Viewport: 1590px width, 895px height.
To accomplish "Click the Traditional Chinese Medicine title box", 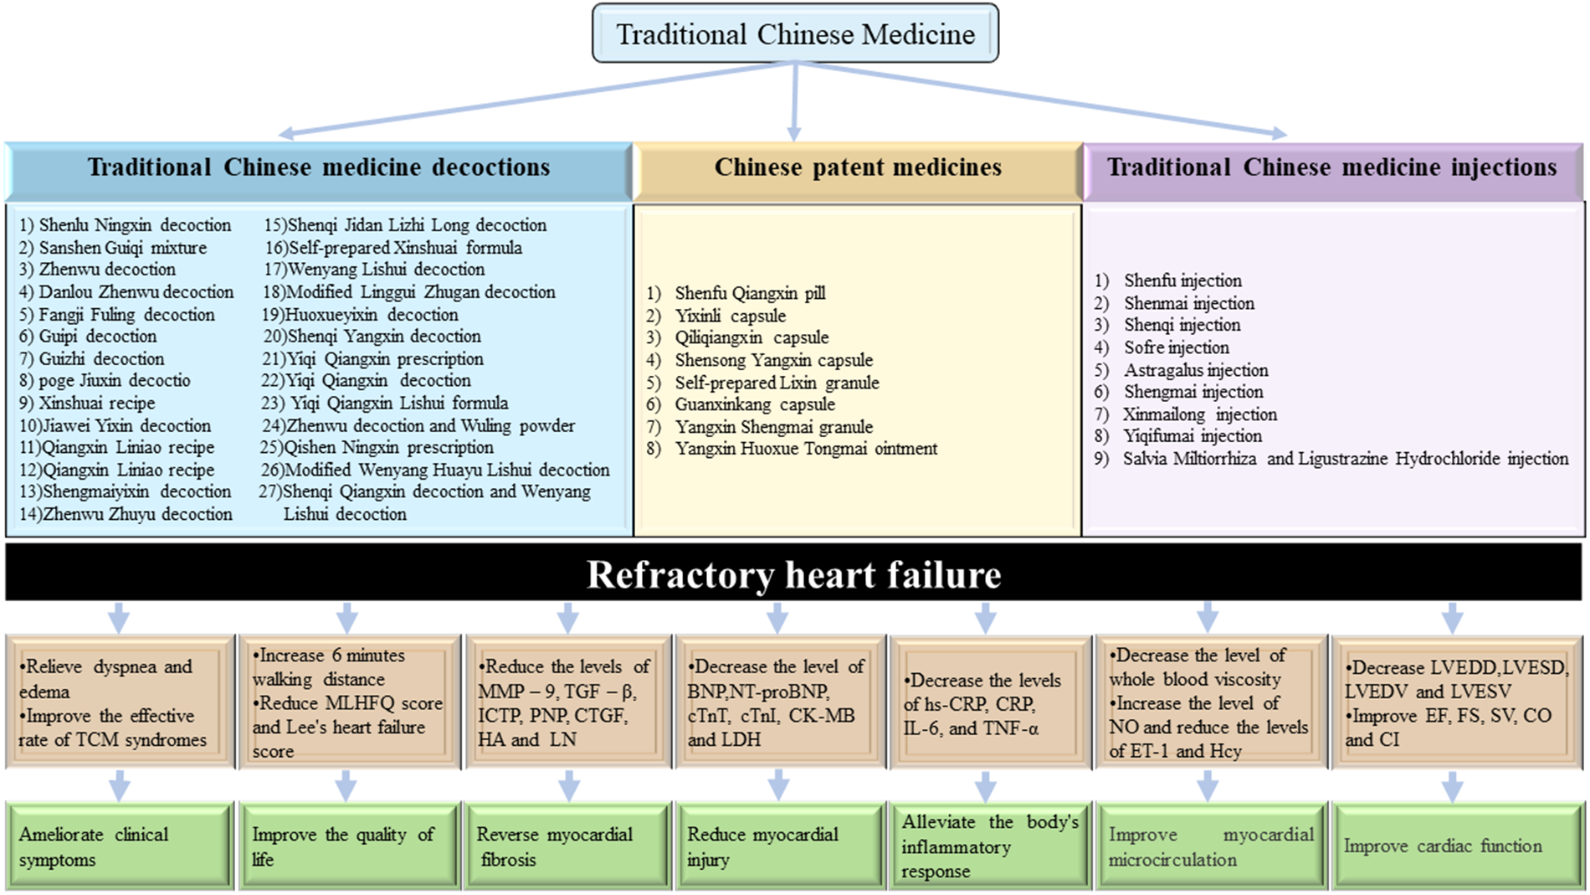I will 795,33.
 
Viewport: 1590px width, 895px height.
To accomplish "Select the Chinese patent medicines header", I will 858,167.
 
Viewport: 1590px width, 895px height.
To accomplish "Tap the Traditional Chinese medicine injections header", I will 1332,167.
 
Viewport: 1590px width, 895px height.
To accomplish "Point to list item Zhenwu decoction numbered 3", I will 98,270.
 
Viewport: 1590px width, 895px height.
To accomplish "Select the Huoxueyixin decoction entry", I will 361,315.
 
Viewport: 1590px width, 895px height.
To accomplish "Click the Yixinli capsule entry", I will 730,316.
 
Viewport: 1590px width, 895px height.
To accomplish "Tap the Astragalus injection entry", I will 1195,370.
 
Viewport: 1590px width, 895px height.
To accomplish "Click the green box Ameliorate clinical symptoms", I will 120,846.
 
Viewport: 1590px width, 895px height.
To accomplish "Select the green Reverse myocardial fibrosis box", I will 568,846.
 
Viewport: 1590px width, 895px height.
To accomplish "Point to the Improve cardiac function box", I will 1456,846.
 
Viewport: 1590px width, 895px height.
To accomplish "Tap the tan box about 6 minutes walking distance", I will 348,702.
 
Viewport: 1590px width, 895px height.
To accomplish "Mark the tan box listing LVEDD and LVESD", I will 1456,702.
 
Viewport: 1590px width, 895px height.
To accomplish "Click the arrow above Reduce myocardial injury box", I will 778,786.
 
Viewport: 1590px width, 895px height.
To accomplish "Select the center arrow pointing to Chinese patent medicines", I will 794,100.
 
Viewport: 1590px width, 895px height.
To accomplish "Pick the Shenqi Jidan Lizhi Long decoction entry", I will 406,225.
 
